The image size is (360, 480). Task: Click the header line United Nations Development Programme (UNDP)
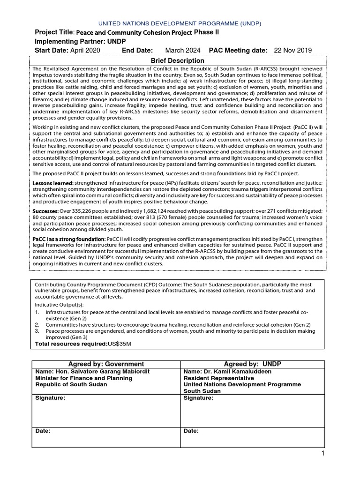(x=180, y=23)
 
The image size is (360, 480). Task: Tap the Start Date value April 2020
(x=85, y=51)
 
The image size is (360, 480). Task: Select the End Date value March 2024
(x=183, y=51)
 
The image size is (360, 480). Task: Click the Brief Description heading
(x=177, y=61)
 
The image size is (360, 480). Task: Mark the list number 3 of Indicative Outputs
(x=37, y=331)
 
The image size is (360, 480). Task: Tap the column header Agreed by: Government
(x=106, y=364)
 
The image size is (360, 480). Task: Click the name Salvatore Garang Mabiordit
(x=108, y=372)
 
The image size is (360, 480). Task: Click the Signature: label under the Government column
(x=50, y=398)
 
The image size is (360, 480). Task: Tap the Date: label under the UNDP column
(x=191, y=431)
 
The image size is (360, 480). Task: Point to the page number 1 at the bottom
(x=323, y=453)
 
